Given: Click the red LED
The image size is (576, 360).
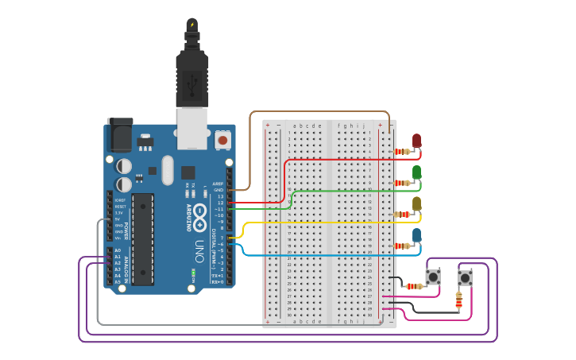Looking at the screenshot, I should coord(416,141).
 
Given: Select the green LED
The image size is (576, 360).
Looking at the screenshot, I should coord(416,172).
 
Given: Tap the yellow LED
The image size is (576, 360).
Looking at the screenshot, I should coord(416,203).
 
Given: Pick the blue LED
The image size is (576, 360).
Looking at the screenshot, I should coord(416,234).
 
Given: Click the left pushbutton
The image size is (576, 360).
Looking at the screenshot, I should coord(433,277).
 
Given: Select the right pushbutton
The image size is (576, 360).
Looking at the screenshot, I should coord(465,278).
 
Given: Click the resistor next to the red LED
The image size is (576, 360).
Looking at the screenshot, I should coord(403,151).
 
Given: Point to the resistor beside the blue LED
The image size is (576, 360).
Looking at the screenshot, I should coord(403,246).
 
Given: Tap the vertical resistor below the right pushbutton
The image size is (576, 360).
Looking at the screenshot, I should coord(458,300).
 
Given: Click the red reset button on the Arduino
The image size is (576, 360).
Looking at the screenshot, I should coord(222,140).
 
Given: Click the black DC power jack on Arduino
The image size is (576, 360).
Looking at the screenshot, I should coord(119,135).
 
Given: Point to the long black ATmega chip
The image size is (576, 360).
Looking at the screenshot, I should coord(143,238).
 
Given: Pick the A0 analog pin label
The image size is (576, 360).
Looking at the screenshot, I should coord(118,250).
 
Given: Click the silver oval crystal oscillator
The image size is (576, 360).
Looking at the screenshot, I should coord(167,169).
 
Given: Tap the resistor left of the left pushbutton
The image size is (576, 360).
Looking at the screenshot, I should coord(414,286).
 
